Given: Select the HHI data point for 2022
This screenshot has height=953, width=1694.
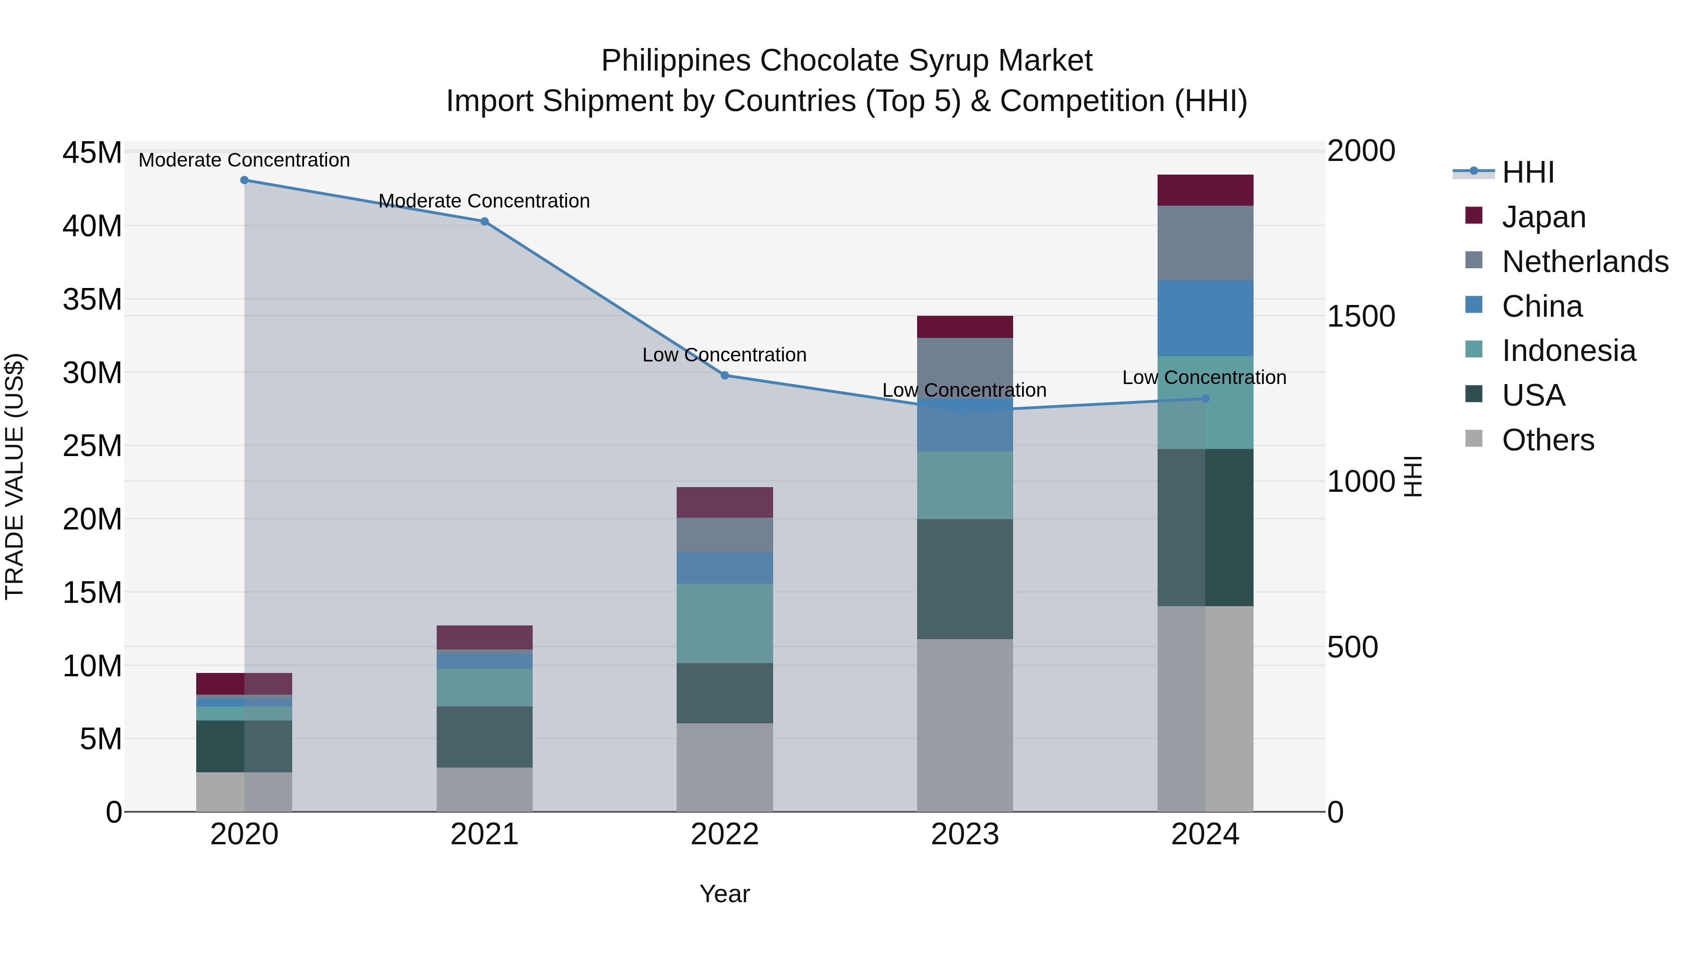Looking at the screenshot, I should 725,376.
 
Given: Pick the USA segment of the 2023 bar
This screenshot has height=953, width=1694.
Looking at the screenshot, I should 965,579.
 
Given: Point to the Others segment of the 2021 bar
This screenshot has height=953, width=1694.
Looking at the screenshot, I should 485,789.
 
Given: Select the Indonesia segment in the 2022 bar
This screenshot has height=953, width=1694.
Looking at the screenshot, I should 725,623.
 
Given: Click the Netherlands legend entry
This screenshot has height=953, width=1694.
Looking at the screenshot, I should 1585,262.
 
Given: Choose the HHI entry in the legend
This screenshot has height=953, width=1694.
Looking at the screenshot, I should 1527,172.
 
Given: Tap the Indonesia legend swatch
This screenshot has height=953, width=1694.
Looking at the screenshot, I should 1474,350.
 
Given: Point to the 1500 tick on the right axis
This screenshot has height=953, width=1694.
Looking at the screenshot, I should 1360,316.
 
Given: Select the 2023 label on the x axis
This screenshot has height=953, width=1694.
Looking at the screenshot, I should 965,834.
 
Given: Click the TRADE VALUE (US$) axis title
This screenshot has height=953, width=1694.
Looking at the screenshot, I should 15,476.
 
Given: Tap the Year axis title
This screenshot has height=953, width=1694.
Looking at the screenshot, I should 725,894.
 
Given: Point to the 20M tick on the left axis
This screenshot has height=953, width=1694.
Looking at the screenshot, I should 92,520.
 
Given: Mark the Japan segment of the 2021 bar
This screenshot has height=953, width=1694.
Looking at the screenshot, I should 485,637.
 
